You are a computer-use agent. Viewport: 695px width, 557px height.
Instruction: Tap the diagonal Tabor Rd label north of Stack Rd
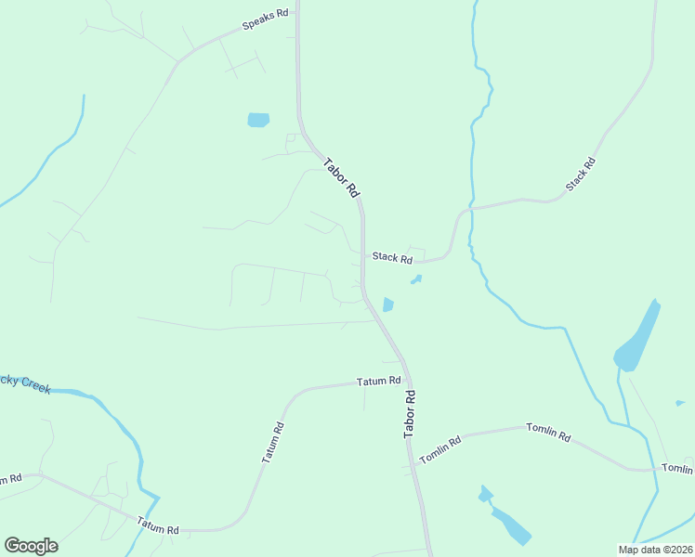click(341, 177)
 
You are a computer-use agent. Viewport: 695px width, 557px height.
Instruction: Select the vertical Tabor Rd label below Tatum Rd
click(410, 414)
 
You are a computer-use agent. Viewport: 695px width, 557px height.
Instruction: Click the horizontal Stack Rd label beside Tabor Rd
click(392, 258)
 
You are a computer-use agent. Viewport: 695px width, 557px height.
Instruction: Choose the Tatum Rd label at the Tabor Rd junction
click(380, 381)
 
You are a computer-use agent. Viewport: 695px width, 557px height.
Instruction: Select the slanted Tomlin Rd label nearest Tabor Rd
click(439, 450)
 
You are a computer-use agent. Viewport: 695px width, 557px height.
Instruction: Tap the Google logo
click(31, 546)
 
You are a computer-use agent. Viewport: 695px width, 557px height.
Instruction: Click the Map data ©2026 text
click(653, 550)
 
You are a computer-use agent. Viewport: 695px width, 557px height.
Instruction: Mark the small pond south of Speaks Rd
click(258, 120)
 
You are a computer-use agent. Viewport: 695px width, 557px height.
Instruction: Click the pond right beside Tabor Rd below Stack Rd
click(387, 304)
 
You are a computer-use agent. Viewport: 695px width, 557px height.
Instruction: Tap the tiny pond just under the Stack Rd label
click(415, 278)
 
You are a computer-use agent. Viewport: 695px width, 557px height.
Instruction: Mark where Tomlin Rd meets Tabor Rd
click(409, 442)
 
